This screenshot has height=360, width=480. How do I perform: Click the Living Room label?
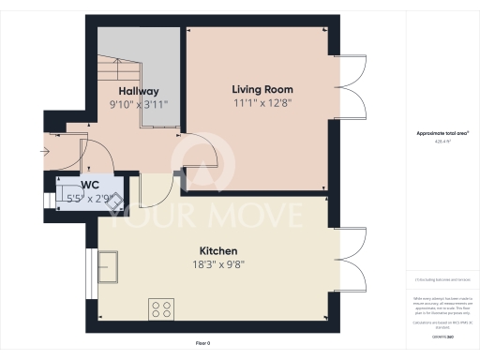[258, 89]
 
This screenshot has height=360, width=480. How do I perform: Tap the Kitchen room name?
[217, 251]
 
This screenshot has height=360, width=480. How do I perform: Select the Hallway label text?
[138, 91]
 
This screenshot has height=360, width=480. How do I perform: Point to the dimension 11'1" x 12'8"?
[258, 105]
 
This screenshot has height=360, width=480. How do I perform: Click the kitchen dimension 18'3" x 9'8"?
[217, 266]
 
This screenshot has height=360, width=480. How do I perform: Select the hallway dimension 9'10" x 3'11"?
[138, 106]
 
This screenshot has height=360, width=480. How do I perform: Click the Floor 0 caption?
[202, 343]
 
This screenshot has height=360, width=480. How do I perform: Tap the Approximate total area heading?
[442, 134]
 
